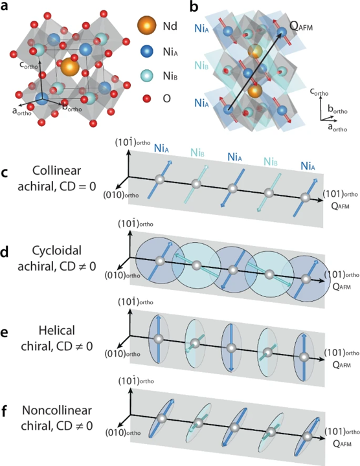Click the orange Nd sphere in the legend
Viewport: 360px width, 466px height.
click(146, 25)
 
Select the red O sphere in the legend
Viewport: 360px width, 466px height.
click(146, 98)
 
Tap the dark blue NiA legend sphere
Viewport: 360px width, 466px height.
click(146, 52)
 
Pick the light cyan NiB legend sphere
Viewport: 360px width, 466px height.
click(146, 76)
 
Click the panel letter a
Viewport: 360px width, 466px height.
click(5, 6)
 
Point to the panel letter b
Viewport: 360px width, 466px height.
click(194, 6)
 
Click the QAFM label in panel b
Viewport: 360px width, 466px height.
click(301, 27)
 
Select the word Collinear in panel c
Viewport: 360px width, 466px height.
click(56, 171)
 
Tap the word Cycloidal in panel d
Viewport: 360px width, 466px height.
click(56, 250)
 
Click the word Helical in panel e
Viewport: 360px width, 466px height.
click(56, 331)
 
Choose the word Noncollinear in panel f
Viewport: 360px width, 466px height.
click(56, 410)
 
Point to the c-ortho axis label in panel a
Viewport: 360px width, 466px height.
click(28, 65)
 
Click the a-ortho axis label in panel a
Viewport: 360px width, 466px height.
click(22, 112)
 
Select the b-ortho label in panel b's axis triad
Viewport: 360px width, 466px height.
click(337, 109)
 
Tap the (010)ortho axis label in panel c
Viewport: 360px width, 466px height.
click(121, 195)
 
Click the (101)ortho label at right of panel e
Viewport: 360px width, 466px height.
click(342, 353)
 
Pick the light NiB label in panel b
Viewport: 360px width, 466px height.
click(201, 65)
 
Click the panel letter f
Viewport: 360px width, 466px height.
click(4, 412)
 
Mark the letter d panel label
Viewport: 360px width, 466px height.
click(5, 252)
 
